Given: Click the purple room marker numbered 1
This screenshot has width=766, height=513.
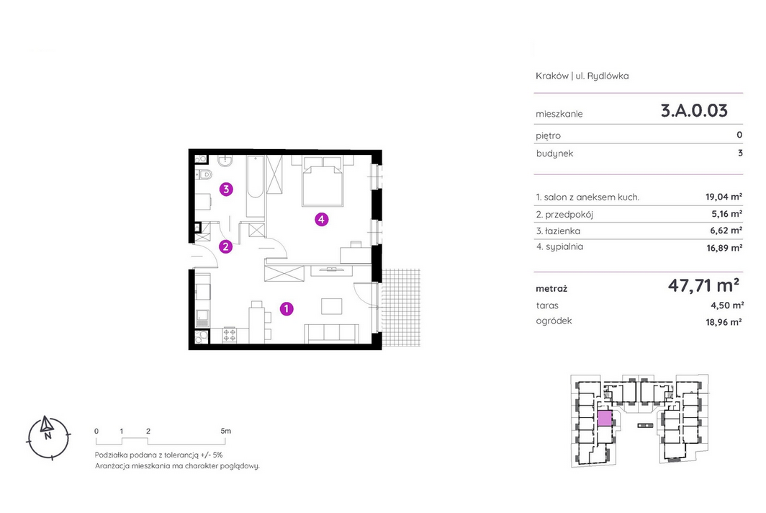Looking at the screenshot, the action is [x=287, y=308].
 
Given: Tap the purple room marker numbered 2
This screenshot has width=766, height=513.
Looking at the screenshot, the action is [x=225, y=247].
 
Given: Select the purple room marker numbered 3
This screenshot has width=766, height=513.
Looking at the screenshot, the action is [x=226, y=189].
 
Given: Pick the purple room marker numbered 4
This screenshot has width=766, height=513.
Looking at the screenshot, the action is [x=321, y=220].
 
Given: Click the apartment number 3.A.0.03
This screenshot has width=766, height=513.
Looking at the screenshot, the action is [x=694, y=110].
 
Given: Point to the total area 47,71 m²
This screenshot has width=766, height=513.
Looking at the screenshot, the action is [x=703, y=285].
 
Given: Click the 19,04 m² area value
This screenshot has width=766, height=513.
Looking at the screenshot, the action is [x=724, y=197].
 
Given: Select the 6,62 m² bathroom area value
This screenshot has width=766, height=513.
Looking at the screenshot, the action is [x=726, y=231].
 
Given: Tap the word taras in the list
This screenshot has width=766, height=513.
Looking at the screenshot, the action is [x=547, y=305].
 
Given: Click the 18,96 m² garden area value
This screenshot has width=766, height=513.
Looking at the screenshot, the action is [x=724, y=322].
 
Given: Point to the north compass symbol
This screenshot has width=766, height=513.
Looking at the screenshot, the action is [x=48, y=437].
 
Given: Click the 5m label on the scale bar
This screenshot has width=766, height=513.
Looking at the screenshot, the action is [x=225, y=431].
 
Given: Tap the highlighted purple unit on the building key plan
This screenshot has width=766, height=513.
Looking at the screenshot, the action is [x=605, y=419].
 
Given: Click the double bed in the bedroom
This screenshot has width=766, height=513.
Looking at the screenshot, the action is [x=323, y=182].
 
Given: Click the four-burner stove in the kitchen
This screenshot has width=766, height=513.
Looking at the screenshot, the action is [x=229, y=335].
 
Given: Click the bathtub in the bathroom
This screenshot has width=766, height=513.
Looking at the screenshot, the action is [x=256, y=187].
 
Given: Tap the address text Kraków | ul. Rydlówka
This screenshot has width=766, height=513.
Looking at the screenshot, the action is [x=582, y=76].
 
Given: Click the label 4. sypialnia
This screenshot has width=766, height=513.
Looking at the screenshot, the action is [x=559, y=247].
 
